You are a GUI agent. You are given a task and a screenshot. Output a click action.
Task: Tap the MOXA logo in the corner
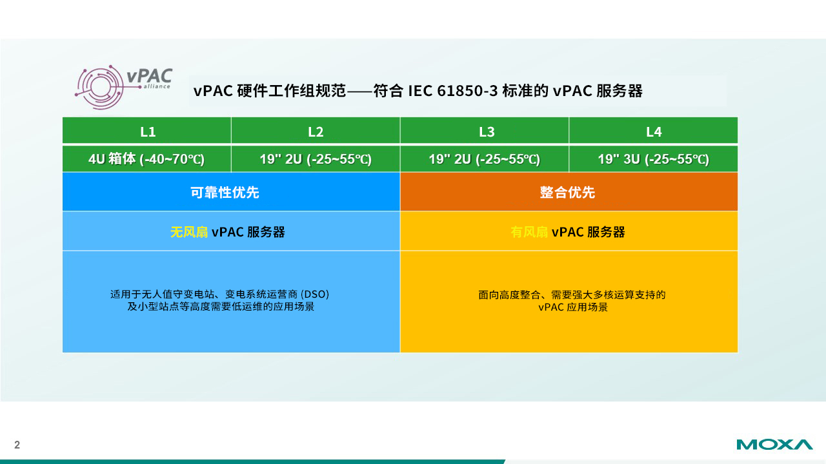[774, 445]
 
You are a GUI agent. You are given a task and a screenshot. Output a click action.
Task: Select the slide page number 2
[17, 445]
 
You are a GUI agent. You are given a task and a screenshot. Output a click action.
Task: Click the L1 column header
[148, 131]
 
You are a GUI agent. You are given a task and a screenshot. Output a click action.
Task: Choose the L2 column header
[316, 131]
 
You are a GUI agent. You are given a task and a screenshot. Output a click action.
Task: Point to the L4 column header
[654, 131]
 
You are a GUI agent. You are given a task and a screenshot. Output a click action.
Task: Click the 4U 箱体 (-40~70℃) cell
[146, 159]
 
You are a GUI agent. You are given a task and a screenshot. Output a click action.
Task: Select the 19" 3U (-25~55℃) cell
[654, 159]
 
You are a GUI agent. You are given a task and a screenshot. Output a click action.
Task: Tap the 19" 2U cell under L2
[316, 159]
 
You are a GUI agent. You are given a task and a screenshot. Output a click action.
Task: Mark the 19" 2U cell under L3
[485, 159]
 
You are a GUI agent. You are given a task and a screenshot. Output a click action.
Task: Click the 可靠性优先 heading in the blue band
[225, 192]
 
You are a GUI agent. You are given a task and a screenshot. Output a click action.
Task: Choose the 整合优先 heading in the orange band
[567, 192]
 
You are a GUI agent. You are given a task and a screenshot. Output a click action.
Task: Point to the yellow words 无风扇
[189, 232]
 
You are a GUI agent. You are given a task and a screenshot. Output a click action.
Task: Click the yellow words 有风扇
[529, 232]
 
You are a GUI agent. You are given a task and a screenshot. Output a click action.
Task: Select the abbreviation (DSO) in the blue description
[315, 295]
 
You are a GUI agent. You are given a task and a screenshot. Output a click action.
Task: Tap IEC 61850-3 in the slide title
[453, 91]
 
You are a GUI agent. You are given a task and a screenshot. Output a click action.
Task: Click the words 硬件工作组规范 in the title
[291, 91]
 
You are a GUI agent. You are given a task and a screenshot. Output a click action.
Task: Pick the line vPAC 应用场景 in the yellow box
[572, 307]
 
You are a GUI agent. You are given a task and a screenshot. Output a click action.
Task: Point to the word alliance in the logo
[157, 86]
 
